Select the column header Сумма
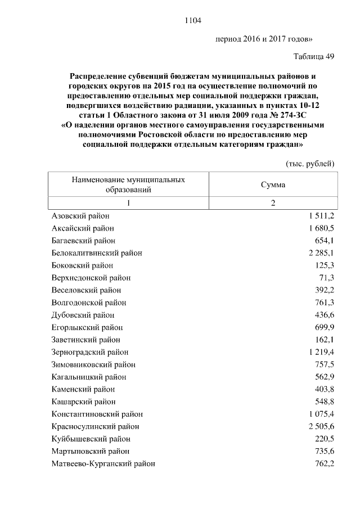click(x=273, y=184)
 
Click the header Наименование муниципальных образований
click(x=128, y=184)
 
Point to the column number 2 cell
click(x=273, y=203)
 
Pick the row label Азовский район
click(x=80, y=216)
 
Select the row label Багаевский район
click(x=83, y=241)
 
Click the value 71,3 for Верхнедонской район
click(x=327, y=278)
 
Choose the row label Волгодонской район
click(x=88, y=303)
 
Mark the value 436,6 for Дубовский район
click(x=325, y=315)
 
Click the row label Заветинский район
click(x=85, y=340)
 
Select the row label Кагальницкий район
click(x=88, y=377)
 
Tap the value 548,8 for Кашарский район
click(x=325, y=402)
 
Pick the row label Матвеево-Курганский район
click(x=103, y=463)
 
